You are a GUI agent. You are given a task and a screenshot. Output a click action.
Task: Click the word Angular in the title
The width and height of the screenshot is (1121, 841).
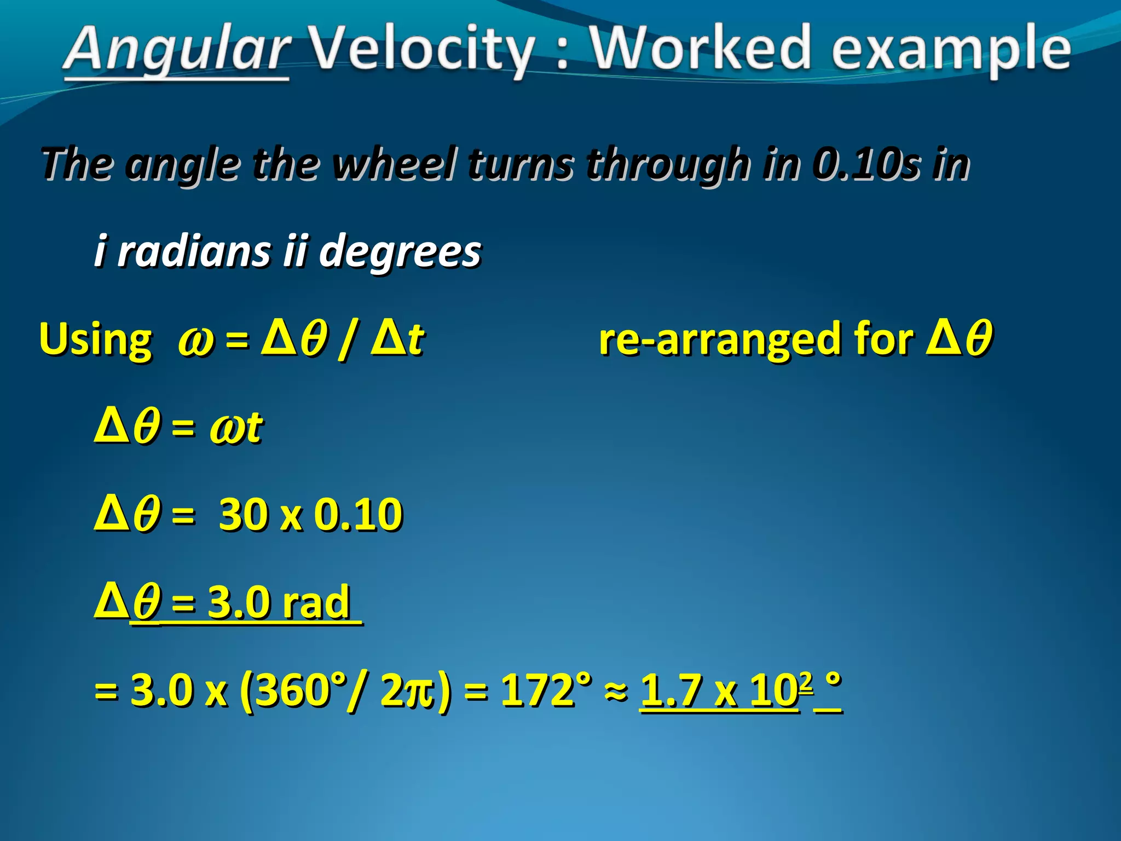(x=176, y=50)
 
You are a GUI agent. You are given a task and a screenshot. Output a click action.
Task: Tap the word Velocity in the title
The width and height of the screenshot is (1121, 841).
(x=421, y=50)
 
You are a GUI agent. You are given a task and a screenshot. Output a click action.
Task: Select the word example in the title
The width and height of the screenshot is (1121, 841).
(x=950, y=50)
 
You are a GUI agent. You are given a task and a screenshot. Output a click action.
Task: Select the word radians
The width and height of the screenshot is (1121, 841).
(x=194, y=251)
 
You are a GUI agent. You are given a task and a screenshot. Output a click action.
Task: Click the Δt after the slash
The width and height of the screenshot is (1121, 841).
(x=397, y=338)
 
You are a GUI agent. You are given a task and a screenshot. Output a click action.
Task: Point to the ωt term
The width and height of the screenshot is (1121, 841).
(x=236, y=427)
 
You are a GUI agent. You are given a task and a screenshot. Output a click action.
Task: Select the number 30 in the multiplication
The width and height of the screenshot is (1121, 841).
(x=242, y=515)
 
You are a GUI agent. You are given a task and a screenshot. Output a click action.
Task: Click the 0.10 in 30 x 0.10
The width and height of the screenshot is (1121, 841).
(x=359, y=515)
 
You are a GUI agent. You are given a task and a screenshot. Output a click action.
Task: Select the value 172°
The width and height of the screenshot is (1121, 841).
(x=546, y=690)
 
